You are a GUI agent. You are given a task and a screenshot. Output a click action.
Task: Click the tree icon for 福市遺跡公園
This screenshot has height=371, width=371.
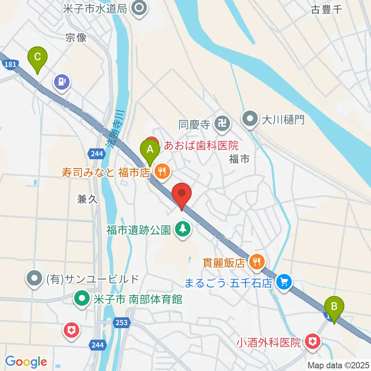(182, 229)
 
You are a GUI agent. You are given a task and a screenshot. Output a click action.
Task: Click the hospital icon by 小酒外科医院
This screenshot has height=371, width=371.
(312, 341)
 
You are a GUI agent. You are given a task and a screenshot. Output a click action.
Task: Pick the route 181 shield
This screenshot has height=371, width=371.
(11, 65)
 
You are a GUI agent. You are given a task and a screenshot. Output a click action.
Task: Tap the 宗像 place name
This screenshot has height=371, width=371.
(76, 37)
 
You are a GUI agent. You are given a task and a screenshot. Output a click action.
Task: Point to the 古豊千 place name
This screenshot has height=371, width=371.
(327, 10)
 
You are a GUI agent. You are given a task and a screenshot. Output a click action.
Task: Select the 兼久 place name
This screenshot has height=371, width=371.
(88, 199)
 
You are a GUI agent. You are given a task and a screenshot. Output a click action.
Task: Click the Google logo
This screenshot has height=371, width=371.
(26, 362)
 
